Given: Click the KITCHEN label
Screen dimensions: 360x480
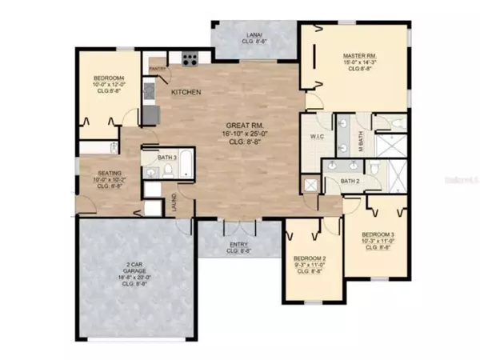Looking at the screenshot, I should pyautogui.click(x=186, y=94).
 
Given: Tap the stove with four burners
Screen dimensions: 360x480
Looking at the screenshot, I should pyautogui.click(x=190, y=58).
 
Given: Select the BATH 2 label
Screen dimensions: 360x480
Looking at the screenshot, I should pyautogui.click(x=351, y=182).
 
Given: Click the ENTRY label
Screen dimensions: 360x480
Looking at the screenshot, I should pyautogui.click(x=238, y=245).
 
